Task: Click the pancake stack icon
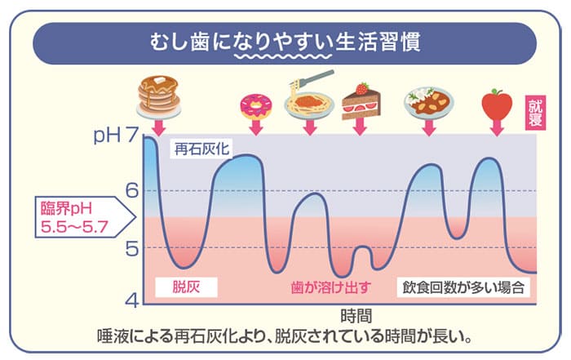[x=158, y=95]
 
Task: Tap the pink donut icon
[x=255, y=104]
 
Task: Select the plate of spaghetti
[x=309, y=100]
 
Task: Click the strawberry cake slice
[x=358, y=101]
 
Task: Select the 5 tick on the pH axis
[x=133, y=247]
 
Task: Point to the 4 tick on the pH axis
[x=133, y=300]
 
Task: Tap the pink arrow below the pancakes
[x=158, y=126]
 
